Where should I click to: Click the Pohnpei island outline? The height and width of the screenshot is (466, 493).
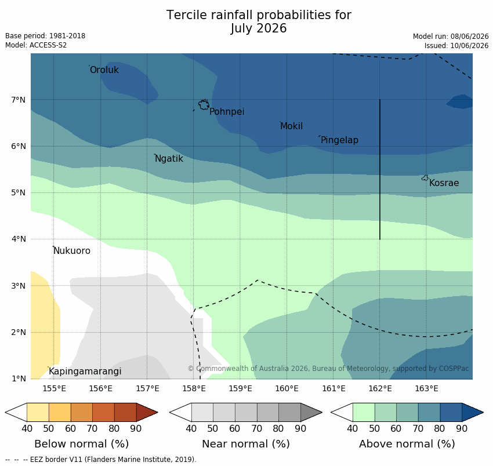200,104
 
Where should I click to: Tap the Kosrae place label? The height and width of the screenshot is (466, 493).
444,183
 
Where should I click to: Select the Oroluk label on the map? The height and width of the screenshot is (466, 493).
104,70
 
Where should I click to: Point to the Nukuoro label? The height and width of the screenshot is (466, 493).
72,251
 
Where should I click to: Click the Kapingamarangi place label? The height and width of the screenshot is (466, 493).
85,372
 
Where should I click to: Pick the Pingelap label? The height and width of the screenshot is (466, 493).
339,140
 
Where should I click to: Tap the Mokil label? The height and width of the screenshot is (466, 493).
292,126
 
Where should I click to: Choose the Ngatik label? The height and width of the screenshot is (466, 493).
169,159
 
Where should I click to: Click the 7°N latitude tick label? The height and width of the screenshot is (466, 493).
18,100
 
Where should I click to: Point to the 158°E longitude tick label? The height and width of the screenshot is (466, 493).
194,389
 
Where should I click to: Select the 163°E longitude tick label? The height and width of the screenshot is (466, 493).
426,389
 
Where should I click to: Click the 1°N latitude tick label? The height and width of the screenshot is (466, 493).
18,378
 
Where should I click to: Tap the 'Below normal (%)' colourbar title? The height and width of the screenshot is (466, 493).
81,444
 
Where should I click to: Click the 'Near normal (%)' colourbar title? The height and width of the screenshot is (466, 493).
246,444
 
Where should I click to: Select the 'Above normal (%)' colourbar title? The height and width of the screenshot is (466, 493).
407,444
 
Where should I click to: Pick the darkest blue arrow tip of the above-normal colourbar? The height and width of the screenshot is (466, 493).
483,412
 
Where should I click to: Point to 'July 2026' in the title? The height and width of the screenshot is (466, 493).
259,28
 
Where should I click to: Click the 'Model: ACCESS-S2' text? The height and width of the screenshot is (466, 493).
36,45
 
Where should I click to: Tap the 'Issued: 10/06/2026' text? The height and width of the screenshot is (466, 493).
456,46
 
